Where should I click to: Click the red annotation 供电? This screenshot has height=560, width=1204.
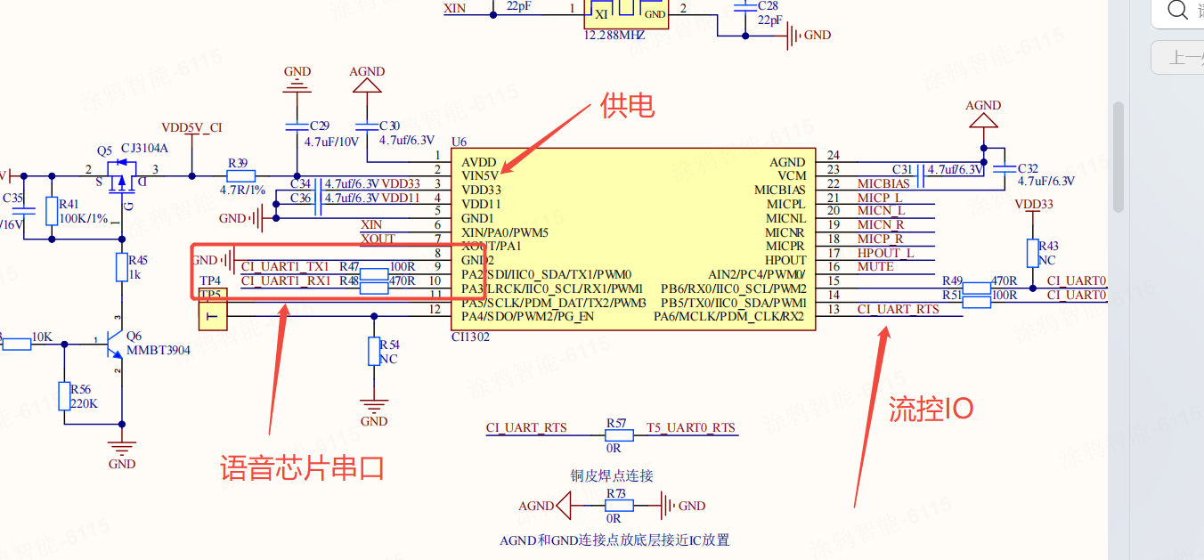628,106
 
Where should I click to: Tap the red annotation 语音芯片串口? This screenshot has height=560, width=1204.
303,467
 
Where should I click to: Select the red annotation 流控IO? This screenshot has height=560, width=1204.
931,409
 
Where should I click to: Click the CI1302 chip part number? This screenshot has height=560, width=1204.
471,337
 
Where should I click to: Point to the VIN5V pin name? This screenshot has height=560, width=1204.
480,176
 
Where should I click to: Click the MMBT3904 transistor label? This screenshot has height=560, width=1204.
158,350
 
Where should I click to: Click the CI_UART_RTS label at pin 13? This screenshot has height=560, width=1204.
898,309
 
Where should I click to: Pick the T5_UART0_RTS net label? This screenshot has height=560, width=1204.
691,427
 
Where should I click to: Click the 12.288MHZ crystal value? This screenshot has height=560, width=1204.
614,37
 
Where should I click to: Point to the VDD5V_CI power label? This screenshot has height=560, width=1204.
191,128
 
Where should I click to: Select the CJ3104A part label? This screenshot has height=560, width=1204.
144,148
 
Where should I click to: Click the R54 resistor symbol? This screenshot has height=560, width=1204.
375,352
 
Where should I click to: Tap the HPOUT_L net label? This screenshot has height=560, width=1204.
885,253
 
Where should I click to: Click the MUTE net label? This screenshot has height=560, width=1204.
875,266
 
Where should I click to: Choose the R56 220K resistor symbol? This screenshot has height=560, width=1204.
63,396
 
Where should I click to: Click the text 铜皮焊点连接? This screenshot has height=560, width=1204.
612,475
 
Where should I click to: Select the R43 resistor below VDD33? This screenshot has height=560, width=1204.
1032,253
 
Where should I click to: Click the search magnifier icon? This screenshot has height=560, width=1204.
1177,10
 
